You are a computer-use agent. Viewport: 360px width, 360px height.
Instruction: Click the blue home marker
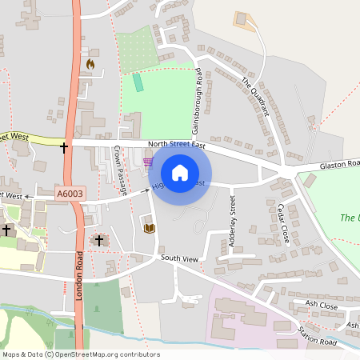180,173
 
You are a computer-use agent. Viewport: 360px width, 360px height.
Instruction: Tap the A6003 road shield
69,194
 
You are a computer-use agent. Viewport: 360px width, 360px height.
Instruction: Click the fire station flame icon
90,63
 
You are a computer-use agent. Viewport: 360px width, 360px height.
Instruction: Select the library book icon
148,228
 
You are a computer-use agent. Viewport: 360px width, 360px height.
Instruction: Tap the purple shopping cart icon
147,162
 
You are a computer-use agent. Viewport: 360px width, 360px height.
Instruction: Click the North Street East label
176,145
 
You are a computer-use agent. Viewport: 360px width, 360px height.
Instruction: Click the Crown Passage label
120,170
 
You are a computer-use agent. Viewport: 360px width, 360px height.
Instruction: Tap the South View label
178,259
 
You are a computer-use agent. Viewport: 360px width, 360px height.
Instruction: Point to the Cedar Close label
282,223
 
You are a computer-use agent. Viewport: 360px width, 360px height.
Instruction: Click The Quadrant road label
255,96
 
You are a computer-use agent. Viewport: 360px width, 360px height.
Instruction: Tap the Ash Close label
322,304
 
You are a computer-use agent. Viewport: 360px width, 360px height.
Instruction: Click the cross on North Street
64,147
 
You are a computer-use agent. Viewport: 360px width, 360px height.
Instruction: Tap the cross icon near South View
99,240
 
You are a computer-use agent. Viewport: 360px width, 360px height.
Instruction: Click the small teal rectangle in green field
138,82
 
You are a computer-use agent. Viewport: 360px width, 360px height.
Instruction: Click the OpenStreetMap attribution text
80,354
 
